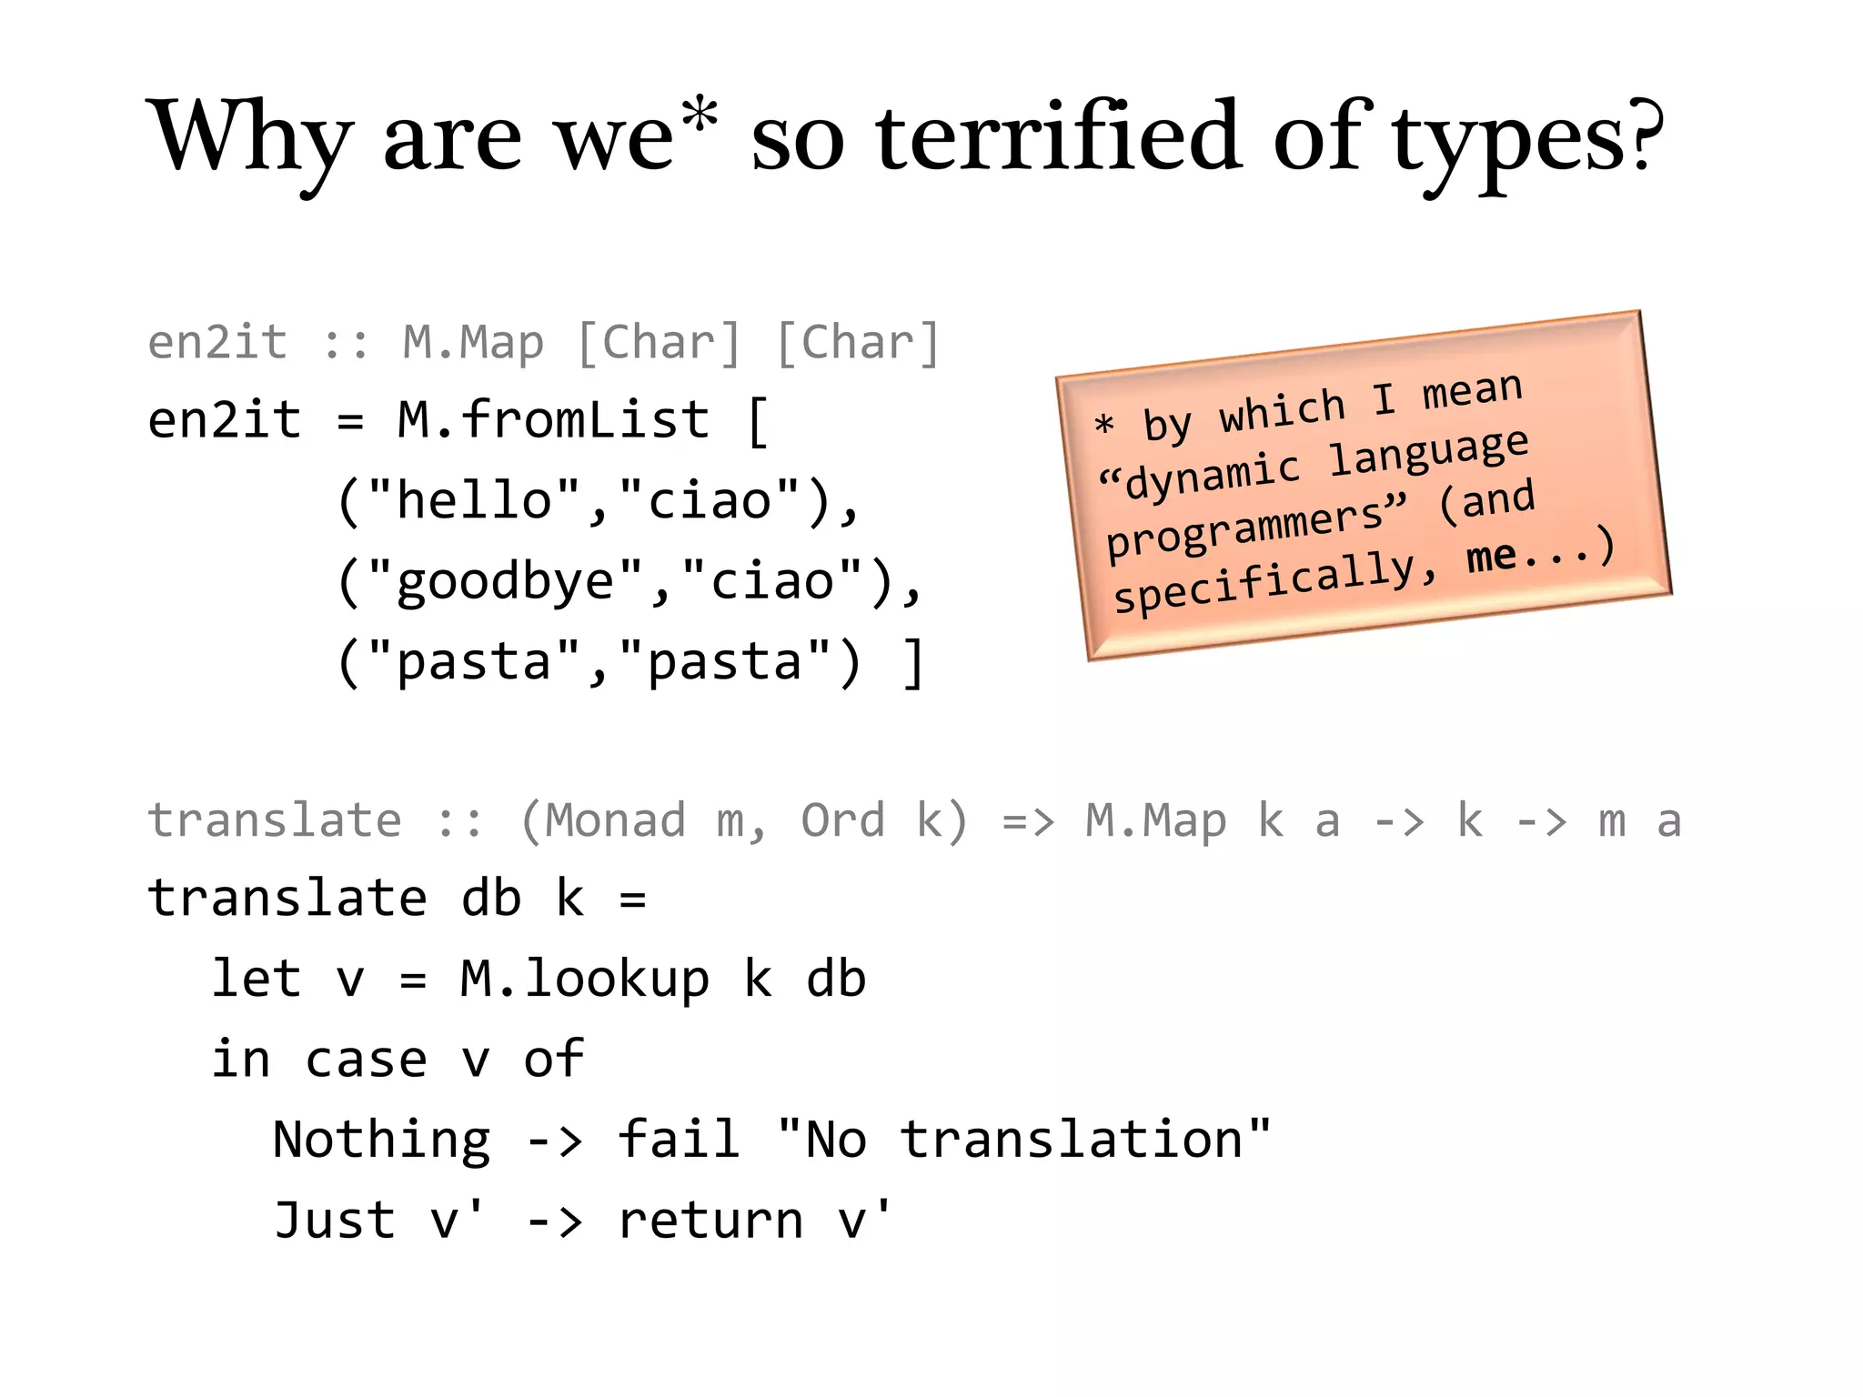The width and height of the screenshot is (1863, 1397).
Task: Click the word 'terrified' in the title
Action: pyautogui.click(x=1058, y=136)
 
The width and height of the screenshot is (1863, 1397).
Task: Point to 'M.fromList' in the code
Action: pyautogui.click(x=553, y=420)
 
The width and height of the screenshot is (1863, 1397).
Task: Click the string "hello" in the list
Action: pyautogui.click(x=474, y=500)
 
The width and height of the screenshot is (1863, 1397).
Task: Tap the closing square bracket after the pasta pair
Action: pyautogui.click(x=913, y=662)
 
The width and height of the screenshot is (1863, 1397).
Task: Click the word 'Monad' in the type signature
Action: pyautogui.click(x=615, y=820)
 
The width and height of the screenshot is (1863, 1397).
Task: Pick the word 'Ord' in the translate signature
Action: pyautogui.click(x=842, y=820)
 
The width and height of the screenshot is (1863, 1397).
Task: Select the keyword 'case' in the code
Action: pyautogui.click(x=366, y=1060)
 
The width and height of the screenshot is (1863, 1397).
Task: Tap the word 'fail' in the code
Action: pyautogui.click(x=678, y=1139)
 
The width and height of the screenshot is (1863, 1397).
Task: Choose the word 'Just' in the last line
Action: pyautogui.click(x=335, y=1220)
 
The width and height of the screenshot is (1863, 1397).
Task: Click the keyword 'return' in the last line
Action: pyautogui.click(x=710, y=1221)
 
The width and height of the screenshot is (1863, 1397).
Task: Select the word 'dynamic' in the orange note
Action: pyautogui.click(x=1213, y=473)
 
